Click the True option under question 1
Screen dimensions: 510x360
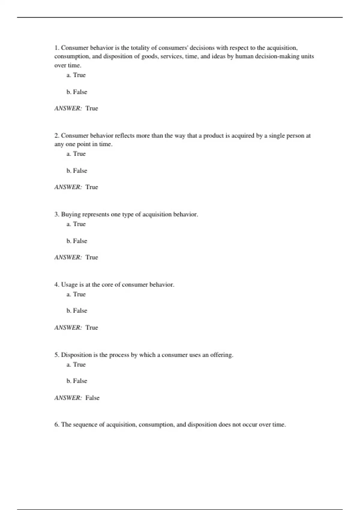pyautogui.click(x=76, y=75)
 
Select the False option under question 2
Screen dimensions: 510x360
pyautogui.click(x=77, y=171)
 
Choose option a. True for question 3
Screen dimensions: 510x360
pyautogui.click(x=76, y=224)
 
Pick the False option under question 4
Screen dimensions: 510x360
pyautogui.click(x=77, y=311)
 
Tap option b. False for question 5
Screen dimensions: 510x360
pyautogui.click(x=77, y=381)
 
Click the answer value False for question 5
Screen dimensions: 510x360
pyautogui.click(x=92, y=398)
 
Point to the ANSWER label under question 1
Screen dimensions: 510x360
pyautogui.click(x=68, y=108)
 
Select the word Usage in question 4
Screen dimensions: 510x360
pyautogui.click(x=69, y=285)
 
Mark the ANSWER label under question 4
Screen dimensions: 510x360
pyautogui.click(x=68, y=328)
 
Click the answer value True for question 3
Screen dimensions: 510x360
pyautogui.click(x=92, y=257)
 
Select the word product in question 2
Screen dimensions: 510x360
pyautogui.click(x=214, y=136)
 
